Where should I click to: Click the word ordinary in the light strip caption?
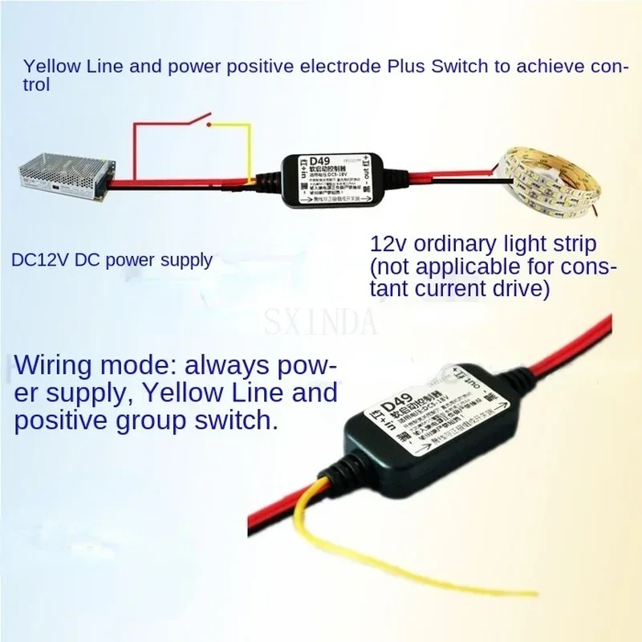(457, 243)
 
